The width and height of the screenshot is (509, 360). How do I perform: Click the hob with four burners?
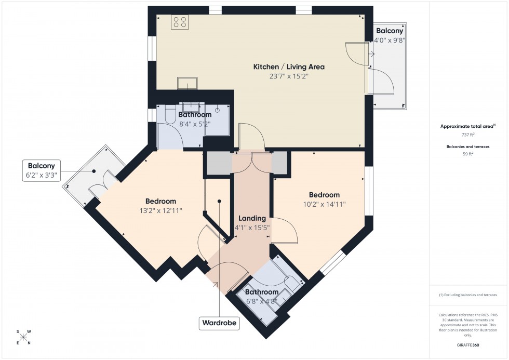(x=180, y=22)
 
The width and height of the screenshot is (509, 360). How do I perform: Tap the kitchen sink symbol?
(x=186, y=83)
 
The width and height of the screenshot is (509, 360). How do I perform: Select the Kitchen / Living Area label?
(x=288, y=66)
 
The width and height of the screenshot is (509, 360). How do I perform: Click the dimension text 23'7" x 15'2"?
(x=288, y=76)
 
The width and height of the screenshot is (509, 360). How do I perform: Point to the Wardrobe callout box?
(x=219, y=323)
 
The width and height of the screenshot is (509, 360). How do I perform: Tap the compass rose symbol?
(x=24, y=337)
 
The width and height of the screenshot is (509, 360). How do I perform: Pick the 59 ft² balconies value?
(x=468, y=154)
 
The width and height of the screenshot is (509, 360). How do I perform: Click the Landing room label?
(x=252, y=218)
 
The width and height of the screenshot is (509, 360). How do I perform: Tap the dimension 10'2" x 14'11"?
(x=324, y=204)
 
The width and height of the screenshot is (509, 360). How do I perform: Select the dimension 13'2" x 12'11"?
(x=160, y=210)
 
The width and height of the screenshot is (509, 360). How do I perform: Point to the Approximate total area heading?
(x=467, y=126)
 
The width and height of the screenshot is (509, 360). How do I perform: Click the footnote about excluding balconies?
(x=468, y=295)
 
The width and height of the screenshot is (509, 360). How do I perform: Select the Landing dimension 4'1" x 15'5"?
(x=252, y=227)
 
